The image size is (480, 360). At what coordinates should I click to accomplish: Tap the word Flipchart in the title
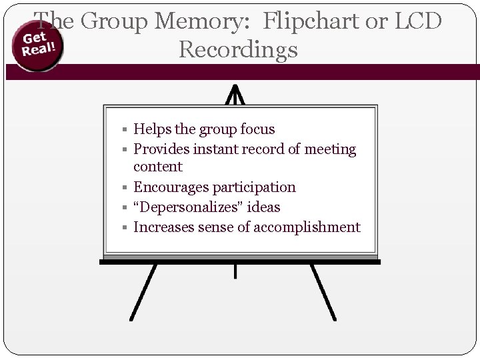click(307, 21)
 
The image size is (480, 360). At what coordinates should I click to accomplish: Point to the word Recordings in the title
click(239, 50)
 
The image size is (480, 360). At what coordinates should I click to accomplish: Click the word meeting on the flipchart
click(330, 149)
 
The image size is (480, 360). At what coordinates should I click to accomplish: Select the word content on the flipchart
click(157, 167)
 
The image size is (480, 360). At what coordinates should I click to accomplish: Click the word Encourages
click(171, 187)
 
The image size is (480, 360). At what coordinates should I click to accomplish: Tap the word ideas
click(263, 207)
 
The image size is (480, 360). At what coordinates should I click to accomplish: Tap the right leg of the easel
click(323, 293)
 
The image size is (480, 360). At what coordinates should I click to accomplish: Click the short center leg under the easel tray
click(235, 271)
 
